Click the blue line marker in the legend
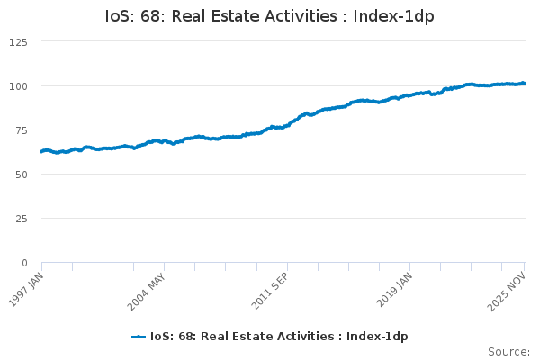pos(139,337)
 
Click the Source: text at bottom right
pos(508,351)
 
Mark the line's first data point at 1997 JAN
pos(41,151)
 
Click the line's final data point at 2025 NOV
pos(525,84)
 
